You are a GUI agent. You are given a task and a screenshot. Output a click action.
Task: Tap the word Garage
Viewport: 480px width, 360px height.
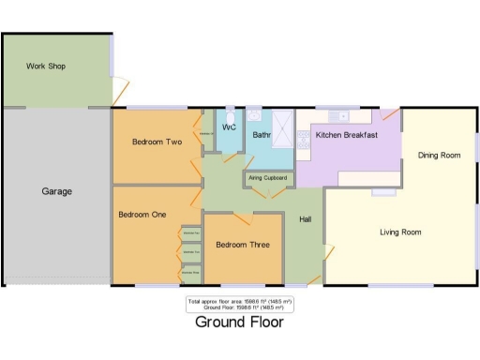(x=56, y=191)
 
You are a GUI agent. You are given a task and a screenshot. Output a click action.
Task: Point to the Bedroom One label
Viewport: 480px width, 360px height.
(x=142, y=214)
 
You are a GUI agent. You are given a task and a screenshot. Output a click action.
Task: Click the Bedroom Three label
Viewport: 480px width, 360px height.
(x=243, y=246)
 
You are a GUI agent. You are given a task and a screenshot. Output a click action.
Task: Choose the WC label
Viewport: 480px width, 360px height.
(x=228, y=127)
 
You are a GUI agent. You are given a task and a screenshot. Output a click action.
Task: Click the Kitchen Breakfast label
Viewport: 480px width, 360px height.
(x=346, y=135)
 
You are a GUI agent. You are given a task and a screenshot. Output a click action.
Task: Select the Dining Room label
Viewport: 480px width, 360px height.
(x=439, y=155)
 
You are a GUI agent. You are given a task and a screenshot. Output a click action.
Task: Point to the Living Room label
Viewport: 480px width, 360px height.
(x=400, y=232)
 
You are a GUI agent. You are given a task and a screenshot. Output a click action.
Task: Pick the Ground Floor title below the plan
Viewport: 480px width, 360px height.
(x=238, y=322)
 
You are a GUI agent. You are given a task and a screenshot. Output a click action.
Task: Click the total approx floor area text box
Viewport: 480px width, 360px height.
(x=239, y=304)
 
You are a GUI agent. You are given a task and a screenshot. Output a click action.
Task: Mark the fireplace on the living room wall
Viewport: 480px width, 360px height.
(x=382, y=191)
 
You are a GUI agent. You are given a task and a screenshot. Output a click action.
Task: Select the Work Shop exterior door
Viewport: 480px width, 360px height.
(x=118, y=91)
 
